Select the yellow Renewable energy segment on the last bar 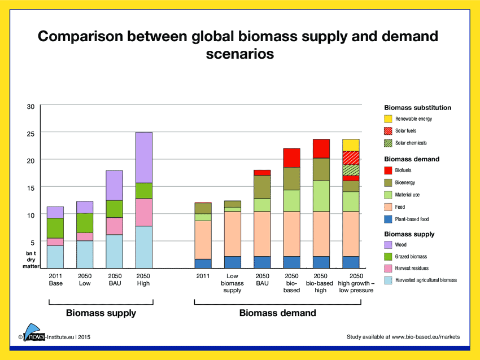[351, 145]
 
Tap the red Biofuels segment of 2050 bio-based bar [291, 157]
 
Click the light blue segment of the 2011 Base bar [55, 257]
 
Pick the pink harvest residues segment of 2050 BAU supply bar [115, 226]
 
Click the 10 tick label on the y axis [31, 215]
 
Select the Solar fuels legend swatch [388, 131]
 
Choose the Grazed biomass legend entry [411, 257]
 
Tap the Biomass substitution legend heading [417, 107]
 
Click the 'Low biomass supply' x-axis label [232, 283]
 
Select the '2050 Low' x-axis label [85, 280]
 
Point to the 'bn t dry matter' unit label [30, 260]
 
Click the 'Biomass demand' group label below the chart [277, 313]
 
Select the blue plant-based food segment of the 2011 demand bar [203, 264]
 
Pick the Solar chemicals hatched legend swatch [388, 143]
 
